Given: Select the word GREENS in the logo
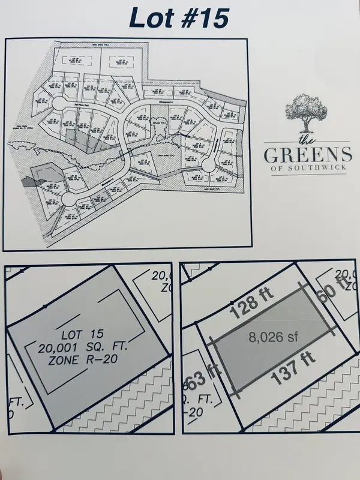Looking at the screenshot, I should [x=308, y=155].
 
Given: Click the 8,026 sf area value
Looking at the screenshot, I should [x=273, y=337].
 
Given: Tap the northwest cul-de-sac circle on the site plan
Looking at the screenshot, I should [x=58, y=104].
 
